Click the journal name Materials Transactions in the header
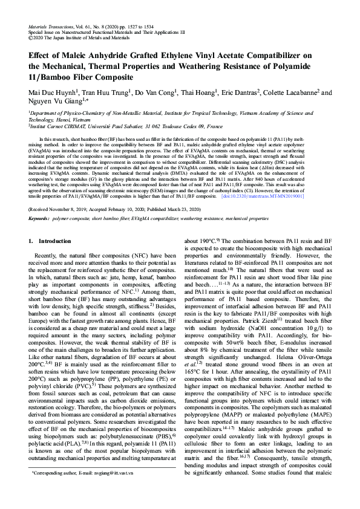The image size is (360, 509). pos(51,28)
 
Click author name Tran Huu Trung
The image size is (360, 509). pos(109,93)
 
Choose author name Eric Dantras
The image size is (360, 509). pos(240,93)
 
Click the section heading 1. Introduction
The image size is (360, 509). pos(50,241)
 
